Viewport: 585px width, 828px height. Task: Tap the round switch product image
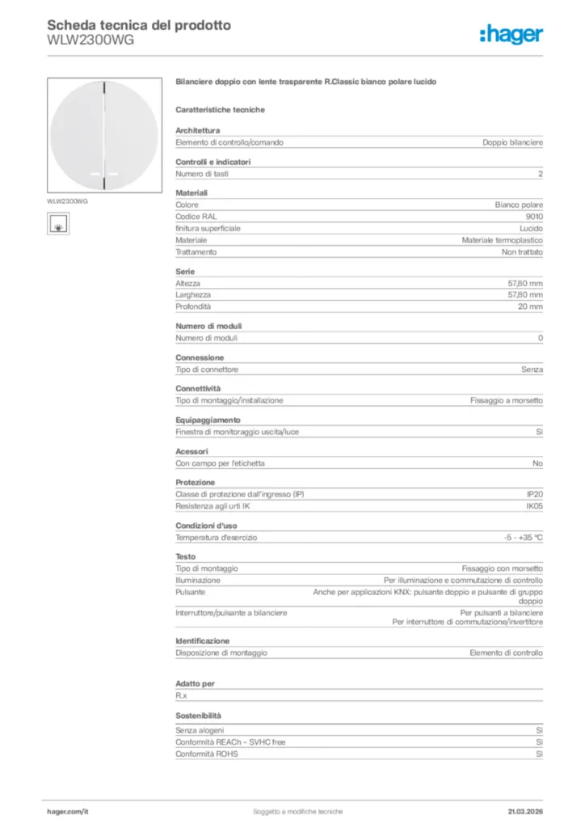click(x=104, y=134)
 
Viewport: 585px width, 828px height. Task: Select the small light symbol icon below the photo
click(x=58, y=223)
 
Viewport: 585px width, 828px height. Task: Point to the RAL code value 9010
click(x=534, y=217)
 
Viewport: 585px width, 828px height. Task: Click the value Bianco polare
click(x=519, y=205)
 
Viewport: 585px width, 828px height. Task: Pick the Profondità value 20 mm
click(x=530, y=306)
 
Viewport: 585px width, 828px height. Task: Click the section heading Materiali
click(x=191, y=193)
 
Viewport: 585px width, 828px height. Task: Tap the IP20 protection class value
click(x=535, y=494)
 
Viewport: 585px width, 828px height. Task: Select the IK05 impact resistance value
click(x=534, y=506)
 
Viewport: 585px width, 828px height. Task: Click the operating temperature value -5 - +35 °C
click(x=523, y=538)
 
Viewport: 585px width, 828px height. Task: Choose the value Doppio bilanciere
click(x=512, y=142)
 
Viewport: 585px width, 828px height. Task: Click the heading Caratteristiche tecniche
click(x=220, y=109)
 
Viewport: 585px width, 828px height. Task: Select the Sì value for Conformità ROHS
click(x=539, y=754)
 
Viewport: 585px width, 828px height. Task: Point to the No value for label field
click(x=537, y=463)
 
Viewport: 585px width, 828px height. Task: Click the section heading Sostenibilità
click(x=198, y=716)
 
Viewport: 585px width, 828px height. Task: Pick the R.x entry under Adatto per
click(x=182, y=695)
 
